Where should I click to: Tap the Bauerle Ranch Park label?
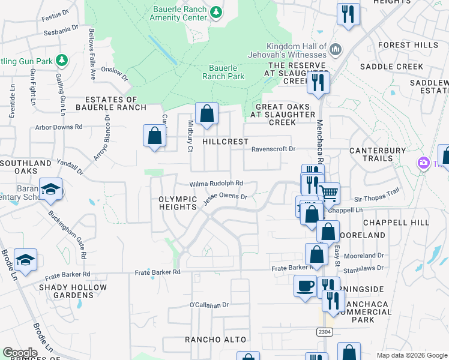(x=223, y=72)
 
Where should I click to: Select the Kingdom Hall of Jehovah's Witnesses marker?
(x=336, y=48)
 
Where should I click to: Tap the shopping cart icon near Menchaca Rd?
(x=328, y=193)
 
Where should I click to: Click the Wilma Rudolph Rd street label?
(x=216, y=184)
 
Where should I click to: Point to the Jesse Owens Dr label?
(x=225, y=197)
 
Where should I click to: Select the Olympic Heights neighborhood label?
(x=178, y=203)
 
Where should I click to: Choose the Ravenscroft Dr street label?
(x=274, y=149)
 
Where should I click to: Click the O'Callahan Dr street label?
(x=209, y=305)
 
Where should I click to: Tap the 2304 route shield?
(x=324, y=331)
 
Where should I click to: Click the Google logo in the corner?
(x=20, y=353)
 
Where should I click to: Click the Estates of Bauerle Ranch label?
(x=115, y=103)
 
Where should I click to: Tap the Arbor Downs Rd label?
(x=59, y=127)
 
